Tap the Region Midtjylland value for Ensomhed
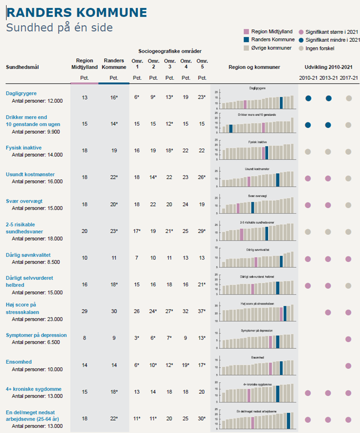(85, 365)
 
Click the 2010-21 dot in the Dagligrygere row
(308, 98)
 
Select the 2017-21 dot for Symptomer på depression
(349, 339)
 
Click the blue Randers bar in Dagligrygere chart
(281, 103)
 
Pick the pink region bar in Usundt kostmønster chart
(249, 181)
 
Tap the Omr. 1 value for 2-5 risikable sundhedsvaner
(137, 231)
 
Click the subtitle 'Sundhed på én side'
(59, 27)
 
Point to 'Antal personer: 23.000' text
(44, 319)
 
